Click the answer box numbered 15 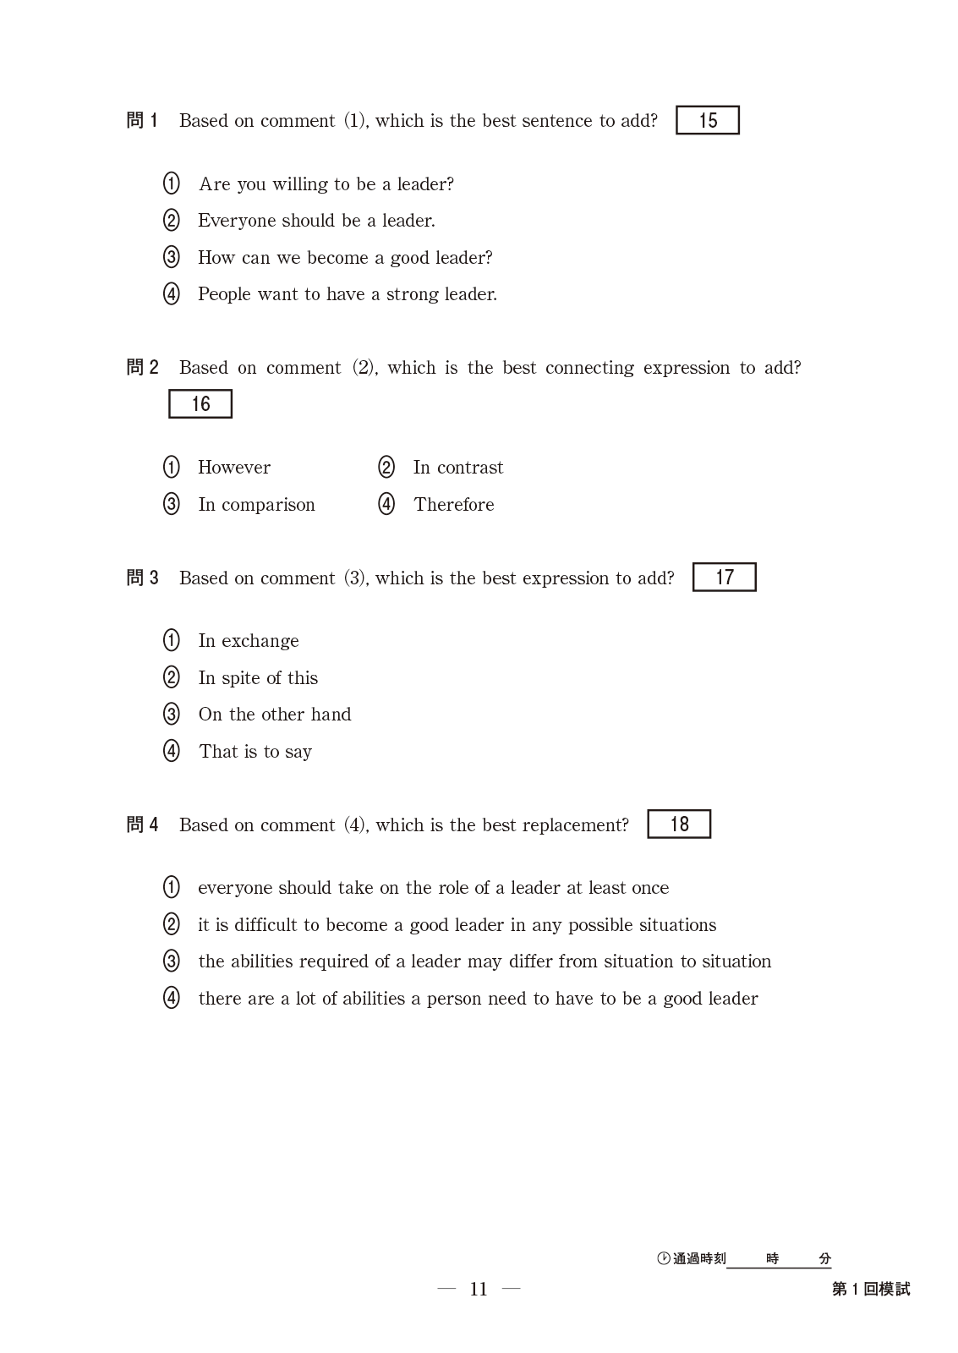click(x=707, y=120)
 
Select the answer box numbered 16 click(x=200, y=404)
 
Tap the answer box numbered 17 click(x=724, y=578)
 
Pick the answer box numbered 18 click(x=679, y=824)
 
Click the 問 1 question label click(x=142, y=121)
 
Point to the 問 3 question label click(x=142, y=578)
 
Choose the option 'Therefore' click(x=454, y=505)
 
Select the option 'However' click(x=234, y=468)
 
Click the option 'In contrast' click(x=457, y=468)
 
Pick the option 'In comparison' click(x=256, y=505)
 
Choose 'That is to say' click(x=255, y=752)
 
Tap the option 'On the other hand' click(x=275, y=715)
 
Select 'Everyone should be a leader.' click(x=316, y=221)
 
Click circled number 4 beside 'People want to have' click(x=172, y=294)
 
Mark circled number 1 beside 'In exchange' click(x=172, y=641)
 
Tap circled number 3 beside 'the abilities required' click(x=172, y=961)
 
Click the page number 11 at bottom click(x=479, y=1289)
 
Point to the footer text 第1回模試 click(x=871, y=1289)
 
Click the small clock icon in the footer click(x=664, y=1258)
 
